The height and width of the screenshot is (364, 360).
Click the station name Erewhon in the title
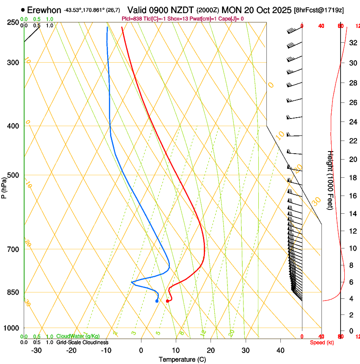tap(44, 10)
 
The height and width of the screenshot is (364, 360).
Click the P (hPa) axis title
tap(4, 186)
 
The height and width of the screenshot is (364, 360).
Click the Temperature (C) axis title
tap(182, 359)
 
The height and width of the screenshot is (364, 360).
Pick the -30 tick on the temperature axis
tap(36, 350)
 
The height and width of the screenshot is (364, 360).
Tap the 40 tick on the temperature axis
tap(280, 350)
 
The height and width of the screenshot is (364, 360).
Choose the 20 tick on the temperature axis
tap(210, 350)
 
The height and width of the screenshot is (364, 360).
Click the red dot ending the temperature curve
tap(168, 301)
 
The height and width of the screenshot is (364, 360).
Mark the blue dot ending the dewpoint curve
tap(157, 301)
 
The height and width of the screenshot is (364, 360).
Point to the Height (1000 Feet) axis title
tap(330, 180)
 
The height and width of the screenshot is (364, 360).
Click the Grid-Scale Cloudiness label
tap(82, 342)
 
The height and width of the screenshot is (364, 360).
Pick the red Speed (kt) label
tap(322, 342)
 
